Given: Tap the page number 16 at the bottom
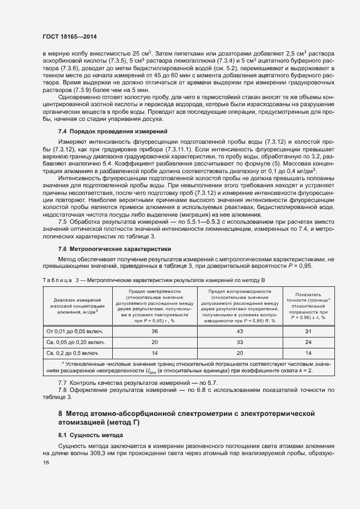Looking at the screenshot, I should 46,462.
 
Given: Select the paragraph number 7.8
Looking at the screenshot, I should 63,390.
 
